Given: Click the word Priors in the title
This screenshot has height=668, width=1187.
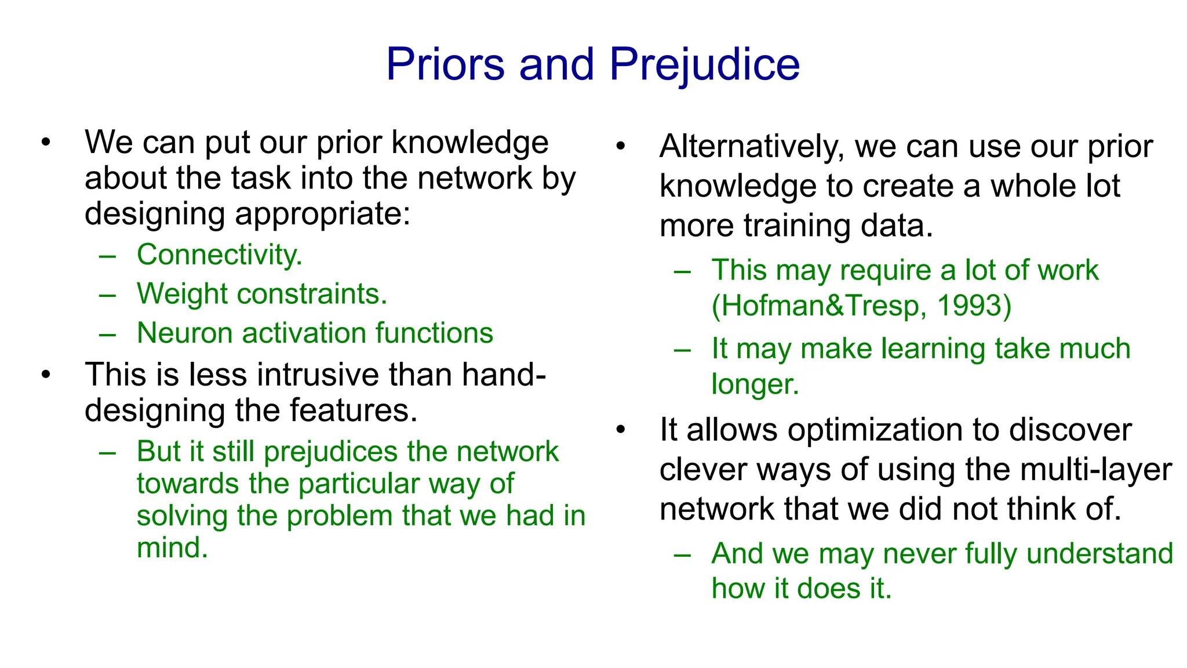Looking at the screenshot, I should point(445,64).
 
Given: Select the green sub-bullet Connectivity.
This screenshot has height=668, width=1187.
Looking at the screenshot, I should point(219,255).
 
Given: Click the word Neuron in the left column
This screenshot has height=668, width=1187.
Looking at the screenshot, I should point(184,333).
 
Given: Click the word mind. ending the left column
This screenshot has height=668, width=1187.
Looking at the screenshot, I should point(172,547).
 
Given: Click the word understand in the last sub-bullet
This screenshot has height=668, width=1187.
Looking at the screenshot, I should point(1099,554).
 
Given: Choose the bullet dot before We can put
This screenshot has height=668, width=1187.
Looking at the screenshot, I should point(46,142).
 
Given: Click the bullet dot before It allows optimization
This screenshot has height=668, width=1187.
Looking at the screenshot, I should point(621,430).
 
